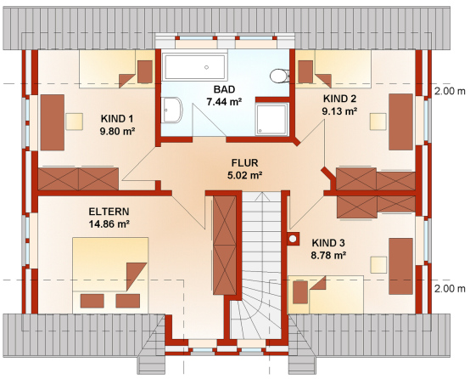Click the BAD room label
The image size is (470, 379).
(224, 89)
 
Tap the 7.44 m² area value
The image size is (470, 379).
(224, 102)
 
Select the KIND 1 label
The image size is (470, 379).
(117, 119)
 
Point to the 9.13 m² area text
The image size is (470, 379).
(339, 111)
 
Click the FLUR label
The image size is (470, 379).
(245, 163)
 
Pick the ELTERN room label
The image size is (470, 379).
(109, 212)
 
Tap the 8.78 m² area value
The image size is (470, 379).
(328, 255)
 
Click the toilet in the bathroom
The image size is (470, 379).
(279, 76)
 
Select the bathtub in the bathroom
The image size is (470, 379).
(194, 67)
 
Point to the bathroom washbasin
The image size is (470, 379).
(171, 110)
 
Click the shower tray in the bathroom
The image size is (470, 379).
(271, 119)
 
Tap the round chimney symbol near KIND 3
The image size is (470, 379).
(293, 239)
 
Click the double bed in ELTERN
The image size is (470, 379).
(110, 275)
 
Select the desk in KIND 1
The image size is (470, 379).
(53, 122)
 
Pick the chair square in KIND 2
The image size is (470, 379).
(378, 122)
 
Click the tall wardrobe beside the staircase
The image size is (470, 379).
(225, 245)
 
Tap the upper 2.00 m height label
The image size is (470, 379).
(450, 91)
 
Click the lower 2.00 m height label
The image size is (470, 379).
(450, 289)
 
